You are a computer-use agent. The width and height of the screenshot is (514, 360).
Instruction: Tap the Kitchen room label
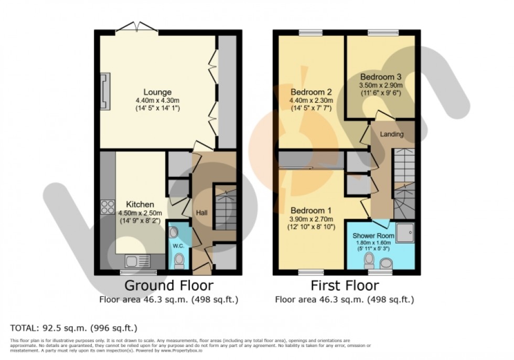point(140,204)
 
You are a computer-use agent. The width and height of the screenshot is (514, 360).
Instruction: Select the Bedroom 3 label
point(380,76)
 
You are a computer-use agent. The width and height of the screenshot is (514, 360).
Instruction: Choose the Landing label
point(392,134)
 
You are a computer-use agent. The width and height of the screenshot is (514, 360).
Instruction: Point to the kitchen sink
point(137,260)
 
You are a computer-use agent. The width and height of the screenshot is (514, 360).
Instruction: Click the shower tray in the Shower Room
point(404,233)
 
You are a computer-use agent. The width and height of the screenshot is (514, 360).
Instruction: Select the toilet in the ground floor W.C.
point(178,259)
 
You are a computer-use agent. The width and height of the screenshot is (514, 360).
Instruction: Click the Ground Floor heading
point(168,286)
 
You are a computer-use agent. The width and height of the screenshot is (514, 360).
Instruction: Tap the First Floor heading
point(345,286)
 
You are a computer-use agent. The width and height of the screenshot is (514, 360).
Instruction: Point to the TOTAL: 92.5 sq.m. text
point(74,328)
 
